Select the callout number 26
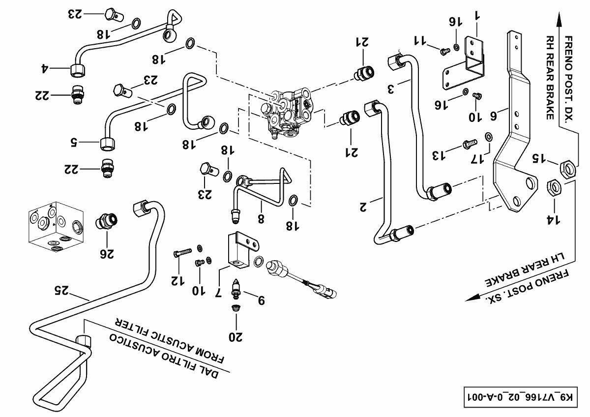click(108, 254)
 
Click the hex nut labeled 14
click(554, 187)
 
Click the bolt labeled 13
click(470, 143)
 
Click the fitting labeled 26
click(106, 221)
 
